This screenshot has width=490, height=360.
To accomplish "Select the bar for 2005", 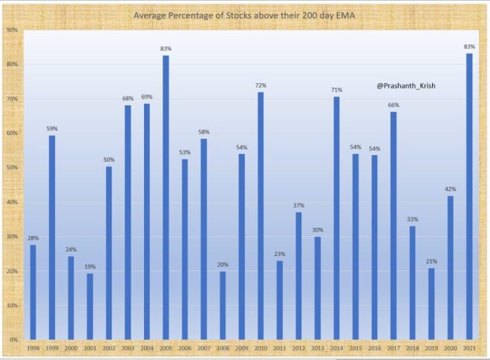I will click(166, 197).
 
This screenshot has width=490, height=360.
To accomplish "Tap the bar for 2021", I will click(469, 197).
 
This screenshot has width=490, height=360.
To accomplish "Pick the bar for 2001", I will click(90, 307).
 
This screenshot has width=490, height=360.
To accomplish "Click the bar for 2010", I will click(261, 216).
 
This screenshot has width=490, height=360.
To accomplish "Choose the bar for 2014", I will click(336, 218).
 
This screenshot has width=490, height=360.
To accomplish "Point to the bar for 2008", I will click(223, 305).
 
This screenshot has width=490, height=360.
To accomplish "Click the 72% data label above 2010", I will click(261, 86).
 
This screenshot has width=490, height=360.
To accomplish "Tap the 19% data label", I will click(90, 267).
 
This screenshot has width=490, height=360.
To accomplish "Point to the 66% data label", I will click(393, 105).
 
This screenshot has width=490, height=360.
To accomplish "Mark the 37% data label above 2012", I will click(298, 206).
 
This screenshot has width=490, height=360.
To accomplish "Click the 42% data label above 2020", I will click(450, 189).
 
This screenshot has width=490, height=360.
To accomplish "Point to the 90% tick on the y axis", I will click(13, 30).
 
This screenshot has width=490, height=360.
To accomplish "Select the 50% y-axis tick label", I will click(13, 168).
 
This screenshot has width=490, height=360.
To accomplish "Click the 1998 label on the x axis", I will click(33, 348).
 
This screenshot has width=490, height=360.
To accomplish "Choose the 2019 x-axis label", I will click(431, 348).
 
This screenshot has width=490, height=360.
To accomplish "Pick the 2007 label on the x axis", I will click(203, 348).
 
